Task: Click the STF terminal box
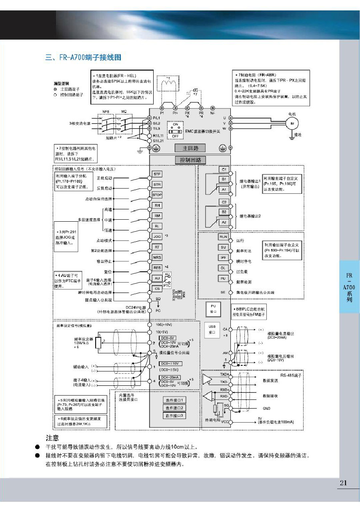pyautogui.click(x=157, y=174)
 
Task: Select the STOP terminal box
pyautogui.click(x=157, y=195)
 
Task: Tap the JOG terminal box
pyautogui.click(x=157, y=236)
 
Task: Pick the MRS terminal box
pyautogui.click(x=157, y=258)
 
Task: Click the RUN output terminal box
pyautogui.click(x=224, y=237)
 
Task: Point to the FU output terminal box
pyautogui.click(x=223, y=278)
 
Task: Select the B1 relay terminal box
pyautogui.click(x=224, y=179)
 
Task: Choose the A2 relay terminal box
pyautogui.click(x=224, y=222)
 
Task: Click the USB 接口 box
pyautogui.click(x=212, y=329)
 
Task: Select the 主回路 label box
pyautogui.click(x=191, y=148)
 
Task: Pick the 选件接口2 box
pyautogui.click(x=174, y=408)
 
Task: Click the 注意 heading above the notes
pyautogui.click(x=52, y=438)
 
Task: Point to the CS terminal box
pyautogui.click(x=157, y=289)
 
